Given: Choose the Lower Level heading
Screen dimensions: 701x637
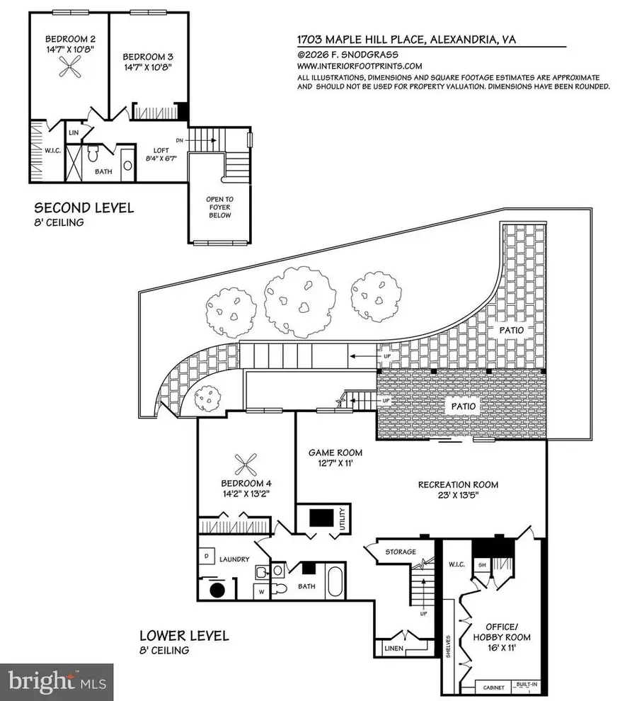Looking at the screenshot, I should point(184,635).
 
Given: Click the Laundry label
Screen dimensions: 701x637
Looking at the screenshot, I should point(234,559).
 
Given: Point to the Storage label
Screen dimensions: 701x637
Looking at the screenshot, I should point(399,552).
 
